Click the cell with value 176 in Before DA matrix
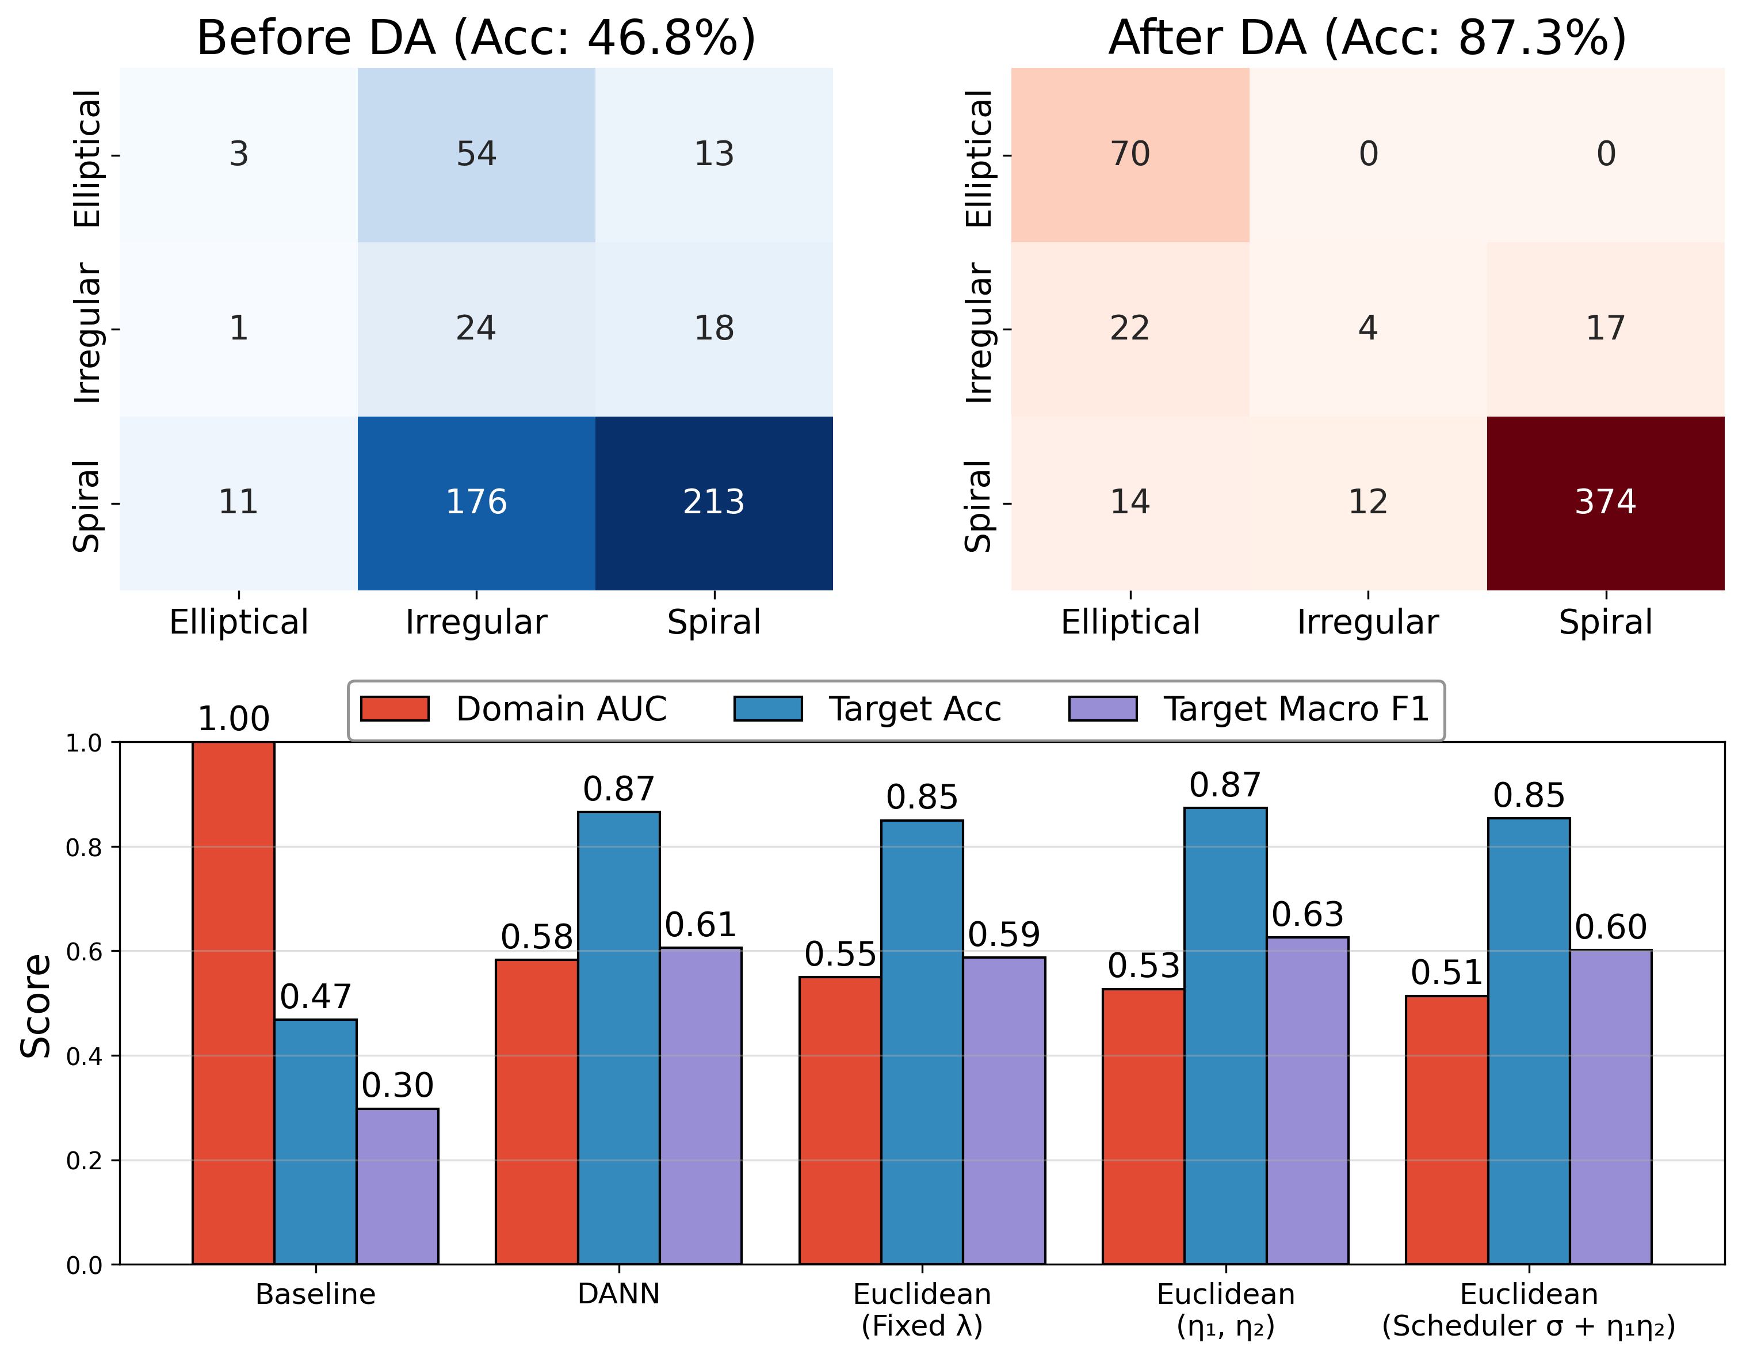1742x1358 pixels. [x=476, y=503]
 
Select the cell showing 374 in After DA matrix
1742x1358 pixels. [x=1605, y=503]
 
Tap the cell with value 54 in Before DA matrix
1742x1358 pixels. [x=476, y=154]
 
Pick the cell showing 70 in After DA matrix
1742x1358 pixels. [x=1129, y=154]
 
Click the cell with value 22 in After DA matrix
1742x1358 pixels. [x=1129, y=328]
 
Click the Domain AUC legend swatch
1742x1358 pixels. [x=395, y=708]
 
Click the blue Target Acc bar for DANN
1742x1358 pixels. [x=619, y=1037]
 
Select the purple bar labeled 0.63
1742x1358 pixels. [x=1307, y=1101]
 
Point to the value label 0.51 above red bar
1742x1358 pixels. [x=1446, y=972]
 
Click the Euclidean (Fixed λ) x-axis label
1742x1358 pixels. [x=922, y=1309]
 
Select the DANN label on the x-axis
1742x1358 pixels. [x=619, y=1294]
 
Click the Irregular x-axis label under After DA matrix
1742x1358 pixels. [x=1367, y=621]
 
